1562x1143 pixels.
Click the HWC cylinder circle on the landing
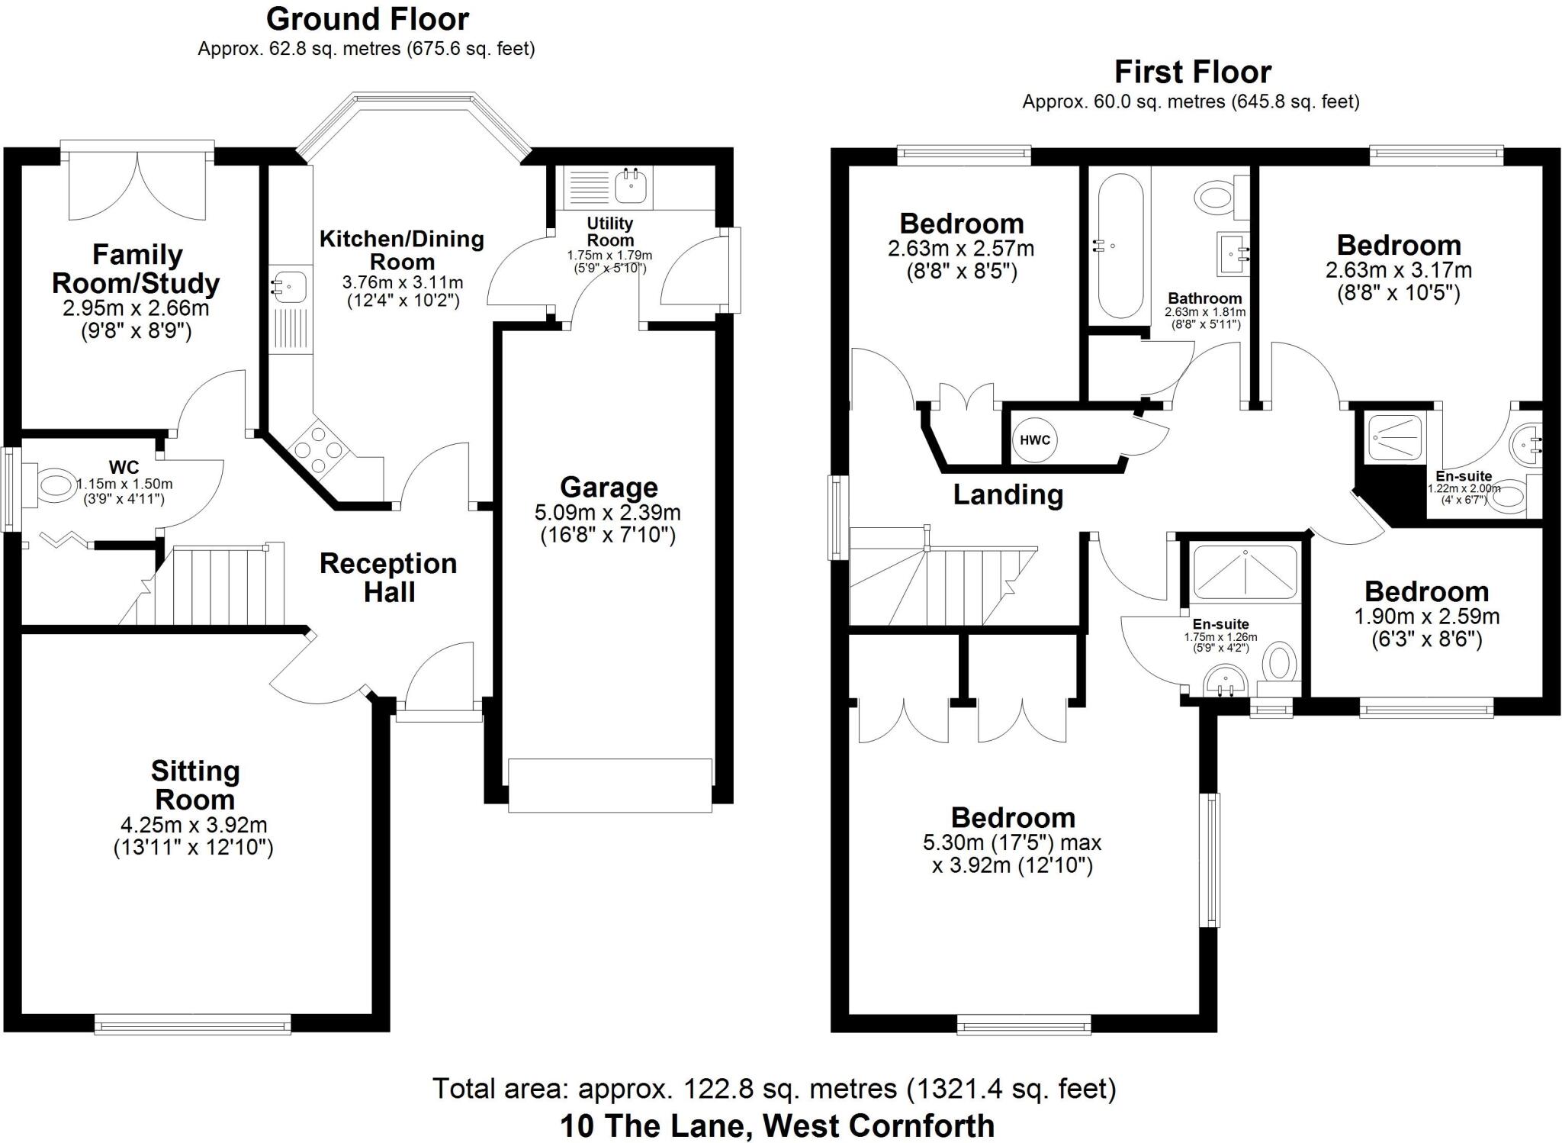click(1034, 440)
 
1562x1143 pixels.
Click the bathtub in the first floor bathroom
click(1120, 246)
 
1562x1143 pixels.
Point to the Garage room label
click(608, 488)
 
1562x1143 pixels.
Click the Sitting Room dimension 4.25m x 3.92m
click(194, 825)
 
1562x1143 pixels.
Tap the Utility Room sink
click(630, 185)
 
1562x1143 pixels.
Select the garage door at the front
click(609, 785)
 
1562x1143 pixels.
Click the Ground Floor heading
click(367, 18)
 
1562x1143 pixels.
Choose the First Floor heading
click(1192, 72)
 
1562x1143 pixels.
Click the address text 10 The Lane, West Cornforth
click(776, 1125)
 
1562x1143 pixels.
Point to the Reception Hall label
click(388, 578)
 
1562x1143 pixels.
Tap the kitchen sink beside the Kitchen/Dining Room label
click(291, 287)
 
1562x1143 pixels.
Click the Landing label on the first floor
click(1008, 495)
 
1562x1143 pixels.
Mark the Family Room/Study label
click(136, 269)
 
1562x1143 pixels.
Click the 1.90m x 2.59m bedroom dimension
click(1426, 617)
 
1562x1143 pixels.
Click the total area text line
click(773, 1088)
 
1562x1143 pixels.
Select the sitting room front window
click(193, 1024)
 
